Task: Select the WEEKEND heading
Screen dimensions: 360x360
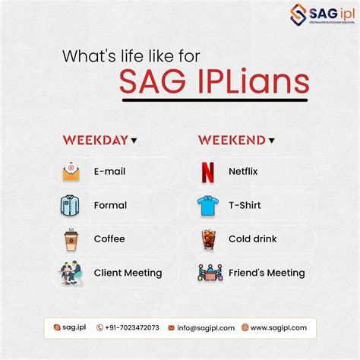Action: click(232, 140)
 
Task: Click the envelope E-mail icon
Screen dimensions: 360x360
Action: click(71, 172)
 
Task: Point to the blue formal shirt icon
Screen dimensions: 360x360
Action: click(71, 205)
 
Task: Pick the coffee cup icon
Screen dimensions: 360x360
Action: click(71, 239)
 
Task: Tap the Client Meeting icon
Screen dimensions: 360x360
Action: click(71, 273)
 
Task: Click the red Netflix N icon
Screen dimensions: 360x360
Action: click(207, 172)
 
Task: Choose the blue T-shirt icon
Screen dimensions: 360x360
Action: click(207, 205)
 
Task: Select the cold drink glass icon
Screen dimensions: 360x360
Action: click(207, 239)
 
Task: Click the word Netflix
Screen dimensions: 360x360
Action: click(243, 172)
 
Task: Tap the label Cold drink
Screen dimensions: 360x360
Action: click(252, 239)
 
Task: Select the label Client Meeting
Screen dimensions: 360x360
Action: click(128, 273)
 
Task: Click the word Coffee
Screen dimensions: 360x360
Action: click(109, 239)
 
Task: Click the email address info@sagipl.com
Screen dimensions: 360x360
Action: click(204, 327)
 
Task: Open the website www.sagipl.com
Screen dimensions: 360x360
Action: click(279, 327)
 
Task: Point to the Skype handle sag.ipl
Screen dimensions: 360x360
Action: click(74, 327)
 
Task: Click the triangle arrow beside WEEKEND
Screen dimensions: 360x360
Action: click(271, 141)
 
